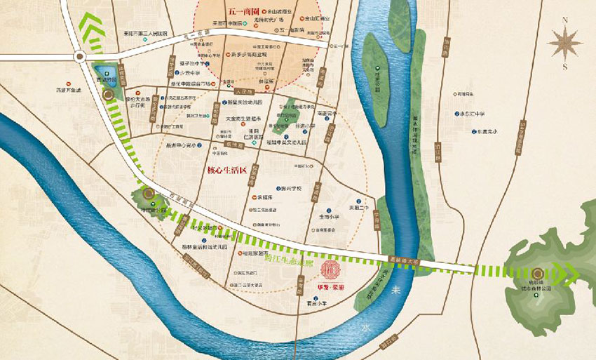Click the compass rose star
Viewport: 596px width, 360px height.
(565, 44)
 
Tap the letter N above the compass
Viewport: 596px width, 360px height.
(565, 20)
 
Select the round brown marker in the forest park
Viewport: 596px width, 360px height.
(537, 274)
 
